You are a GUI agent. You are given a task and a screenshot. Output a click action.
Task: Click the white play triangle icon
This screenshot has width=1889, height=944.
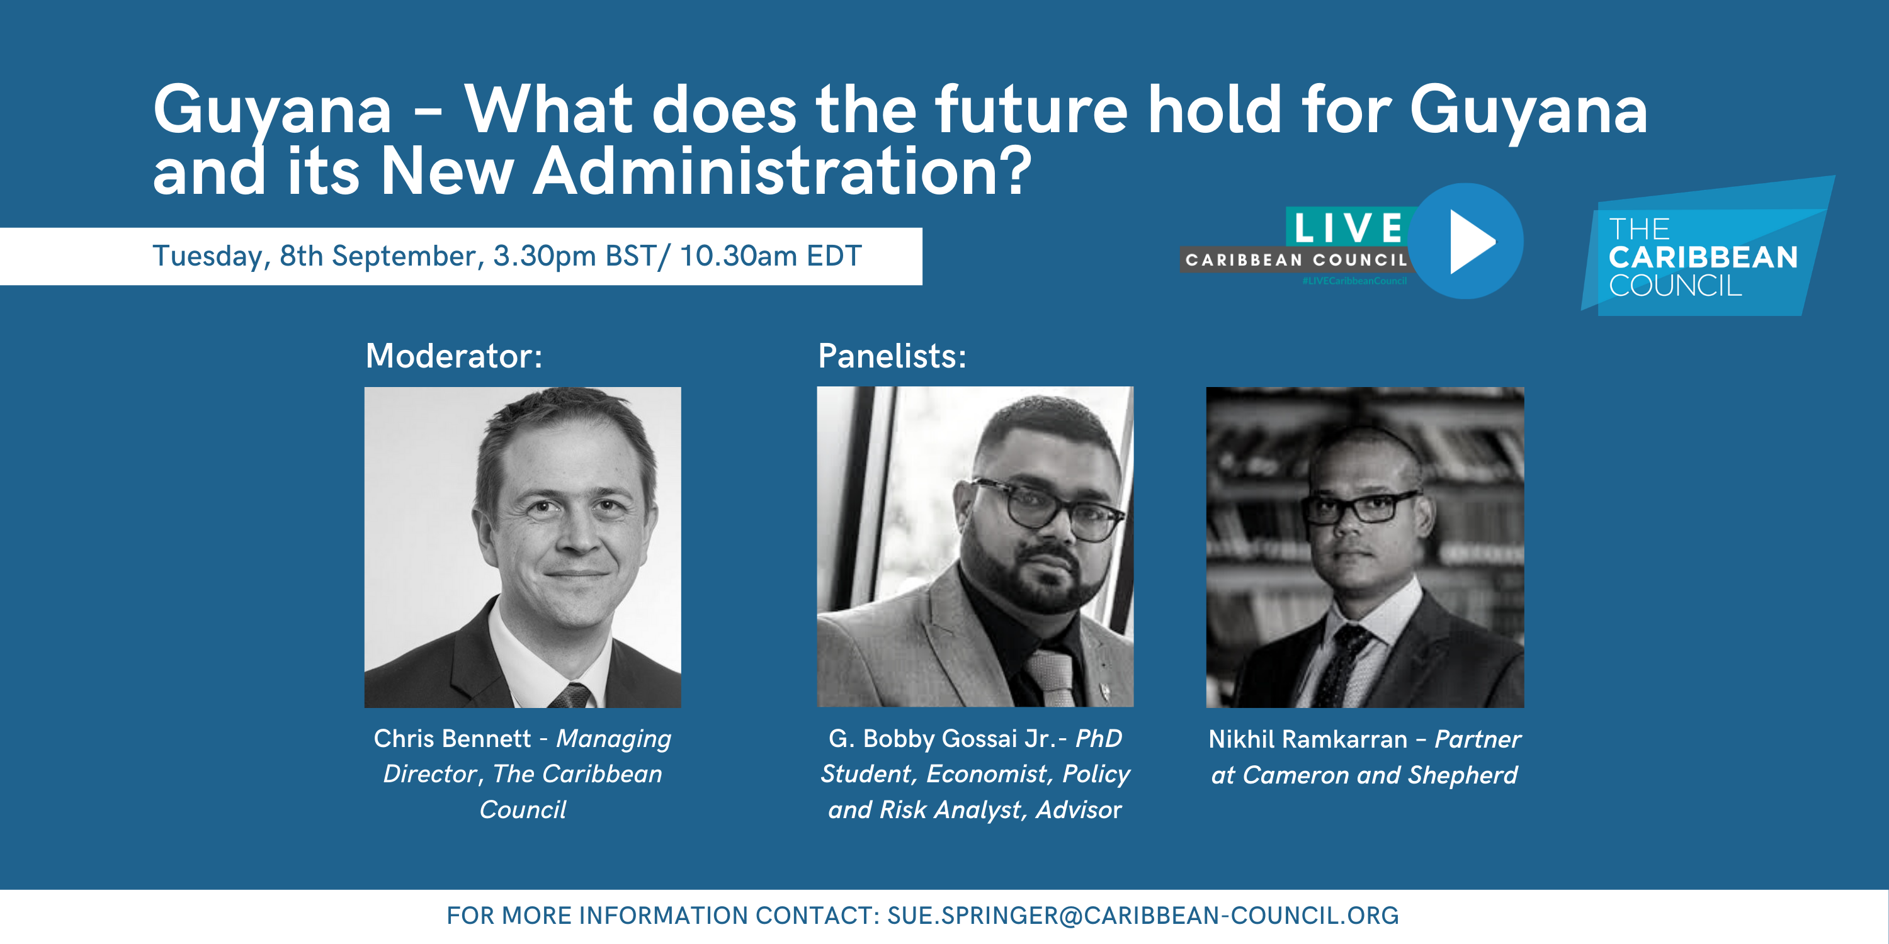[x=1470, y=242]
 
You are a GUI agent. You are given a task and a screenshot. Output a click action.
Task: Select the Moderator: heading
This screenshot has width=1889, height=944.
[x=454, y=356]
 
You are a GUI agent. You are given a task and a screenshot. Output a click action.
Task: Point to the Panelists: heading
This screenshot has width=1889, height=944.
[x=892, y=356]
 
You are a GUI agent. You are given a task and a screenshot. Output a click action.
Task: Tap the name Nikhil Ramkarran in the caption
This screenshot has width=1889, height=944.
[x=1307, y=739]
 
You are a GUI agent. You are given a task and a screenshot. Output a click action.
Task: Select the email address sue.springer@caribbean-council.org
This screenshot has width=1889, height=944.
[x=1142, y=916]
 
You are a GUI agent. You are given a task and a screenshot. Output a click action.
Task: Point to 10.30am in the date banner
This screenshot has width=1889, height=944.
[x=739, y=256]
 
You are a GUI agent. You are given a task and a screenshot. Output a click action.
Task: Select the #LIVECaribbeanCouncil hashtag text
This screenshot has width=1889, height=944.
[x=1354, y=281]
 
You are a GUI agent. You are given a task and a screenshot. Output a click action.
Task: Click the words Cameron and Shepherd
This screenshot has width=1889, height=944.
[x=1380, y=775]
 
